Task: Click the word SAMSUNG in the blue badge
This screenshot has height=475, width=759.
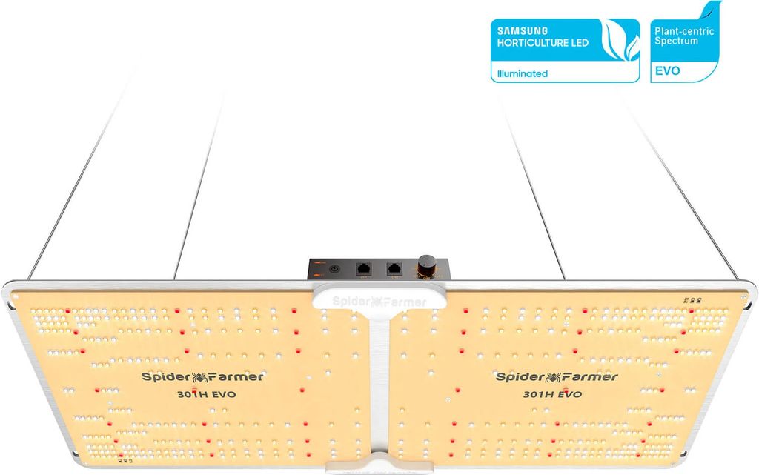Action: (x=523, y=31)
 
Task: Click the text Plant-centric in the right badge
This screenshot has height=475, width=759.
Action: (x=683, y=31)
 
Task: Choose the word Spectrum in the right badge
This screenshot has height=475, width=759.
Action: (x=676, y=41)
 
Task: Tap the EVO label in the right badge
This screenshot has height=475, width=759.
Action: (x=666, y=73)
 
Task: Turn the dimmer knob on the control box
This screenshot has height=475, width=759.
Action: (x=428, y=266)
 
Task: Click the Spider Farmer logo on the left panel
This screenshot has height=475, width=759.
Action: (x=202, y=376)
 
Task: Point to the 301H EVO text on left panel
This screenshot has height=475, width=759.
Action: (x=202, y=395)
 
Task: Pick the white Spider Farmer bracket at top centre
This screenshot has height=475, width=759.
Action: (x=379, y=300)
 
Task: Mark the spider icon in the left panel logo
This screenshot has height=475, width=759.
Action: (x=202, y=376)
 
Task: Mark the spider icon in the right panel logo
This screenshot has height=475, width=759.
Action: (x=557, y=376)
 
